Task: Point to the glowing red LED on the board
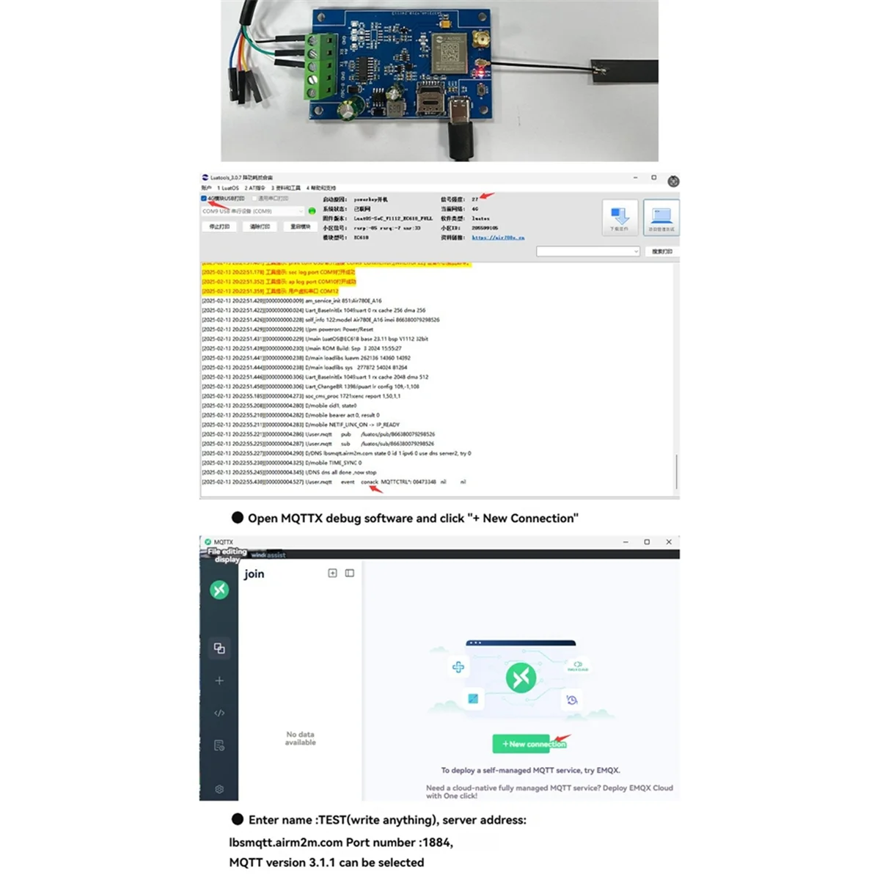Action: click(480, 72)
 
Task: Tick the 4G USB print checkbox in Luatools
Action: click(204, 199)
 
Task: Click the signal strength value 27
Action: click(475, 199)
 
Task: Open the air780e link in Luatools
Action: click(498, 238)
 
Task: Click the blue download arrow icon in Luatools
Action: click(620, 216)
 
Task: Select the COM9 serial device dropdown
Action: click(252, 211)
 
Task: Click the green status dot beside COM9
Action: click(312, 211)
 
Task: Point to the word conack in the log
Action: click(370, 482)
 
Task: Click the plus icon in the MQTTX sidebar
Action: click(219, 681)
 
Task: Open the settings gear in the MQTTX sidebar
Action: click(219, 789)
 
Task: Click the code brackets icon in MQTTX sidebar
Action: click(219, 713)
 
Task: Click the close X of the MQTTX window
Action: click(668, 542)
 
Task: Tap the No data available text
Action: click(301, 738)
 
